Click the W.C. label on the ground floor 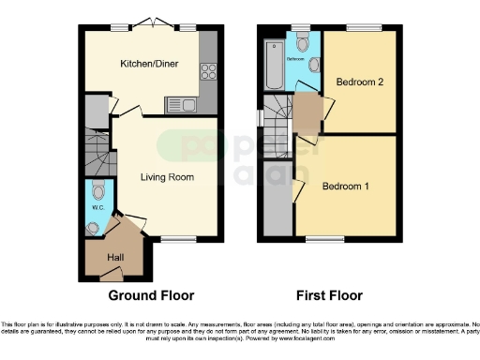point(96,207)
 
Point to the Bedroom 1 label point(345,187)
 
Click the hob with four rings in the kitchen point(207,71)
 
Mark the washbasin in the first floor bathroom point(314,66)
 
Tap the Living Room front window point(175,243)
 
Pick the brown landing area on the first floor point(307,106)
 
